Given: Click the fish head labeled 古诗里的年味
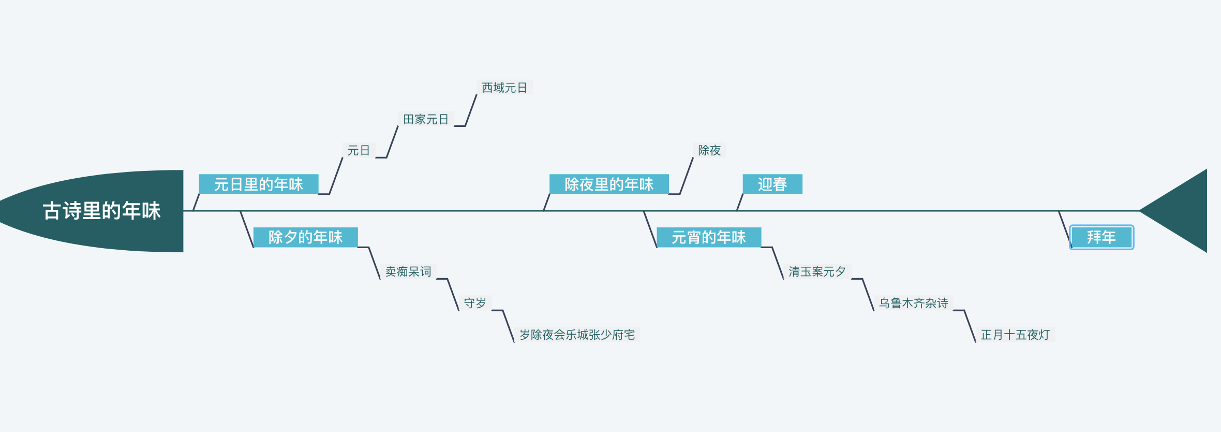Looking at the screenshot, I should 101,211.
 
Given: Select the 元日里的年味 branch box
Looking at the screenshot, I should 258,184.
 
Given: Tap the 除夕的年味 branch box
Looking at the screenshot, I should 305,237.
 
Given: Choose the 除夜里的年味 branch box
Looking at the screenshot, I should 609,184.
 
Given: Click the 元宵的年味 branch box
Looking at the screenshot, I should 708,237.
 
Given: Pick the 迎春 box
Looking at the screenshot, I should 772,184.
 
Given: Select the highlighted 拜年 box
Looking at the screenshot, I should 1101,237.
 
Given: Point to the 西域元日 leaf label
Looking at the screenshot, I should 504,88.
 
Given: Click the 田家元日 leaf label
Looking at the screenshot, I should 426,119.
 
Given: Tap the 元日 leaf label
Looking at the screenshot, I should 359,150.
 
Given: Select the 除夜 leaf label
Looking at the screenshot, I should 709,150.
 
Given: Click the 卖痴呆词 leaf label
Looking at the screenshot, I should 408,271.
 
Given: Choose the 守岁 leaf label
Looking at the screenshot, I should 475,303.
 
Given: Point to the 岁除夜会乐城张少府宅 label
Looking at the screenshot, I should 577,335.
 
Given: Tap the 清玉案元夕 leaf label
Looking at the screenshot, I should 817,271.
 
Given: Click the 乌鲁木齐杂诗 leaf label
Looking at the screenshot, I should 914,303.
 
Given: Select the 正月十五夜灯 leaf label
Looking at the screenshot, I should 1015,335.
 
